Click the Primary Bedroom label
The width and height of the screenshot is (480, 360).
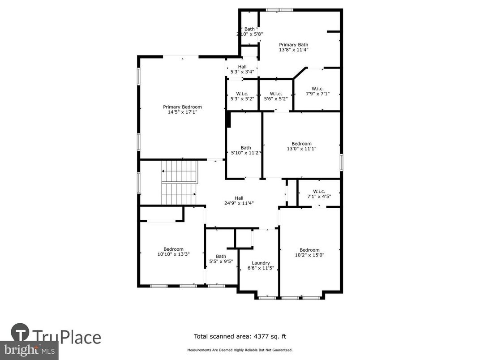tap(182, 107)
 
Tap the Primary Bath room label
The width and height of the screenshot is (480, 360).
tap(294, 45)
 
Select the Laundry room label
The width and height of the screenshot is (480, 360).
tap(261, 263)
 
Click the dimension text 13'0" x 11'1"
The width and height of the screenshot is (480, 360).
tap(301, 149)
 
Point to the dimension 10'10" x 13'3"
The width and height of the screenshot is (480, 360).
tap(173, 254)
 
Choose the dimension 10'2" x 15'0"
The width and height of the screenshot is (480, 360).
tap(309, 255)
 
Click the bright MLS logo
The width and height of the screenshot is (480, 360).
tap(29, 349)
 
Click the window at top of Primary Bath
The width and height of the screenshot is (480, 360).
tap(280, 10)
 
